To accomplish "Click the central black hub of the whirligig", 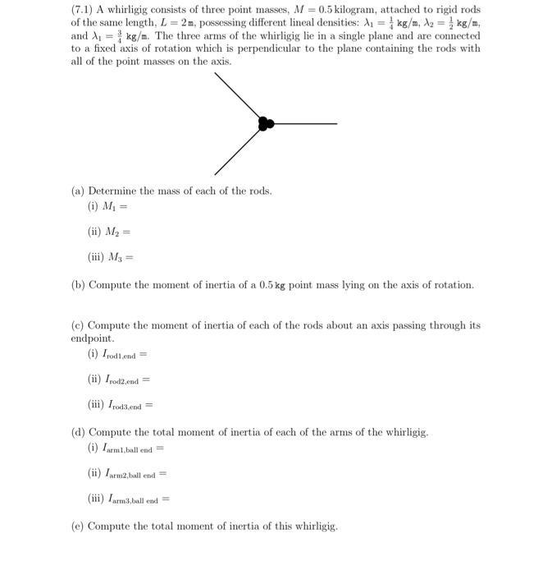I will click(x=265, y=124).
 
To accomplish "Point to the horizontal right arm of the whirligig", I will click(x=305, y=124).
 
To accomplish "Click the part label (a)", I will click(x=79, y=191).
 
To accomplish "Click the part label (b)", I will click(x=79, y=285).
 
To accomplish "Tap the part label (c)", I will click(x=79, y=325).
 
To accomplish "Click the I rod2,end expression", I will click(x=119, y=379).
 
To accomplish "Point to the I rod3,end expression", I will click(x=120, y=405).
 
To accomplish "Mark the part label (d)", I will click(x=79, y=432).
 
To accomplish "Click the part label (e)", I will click(x=79, y=526).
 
